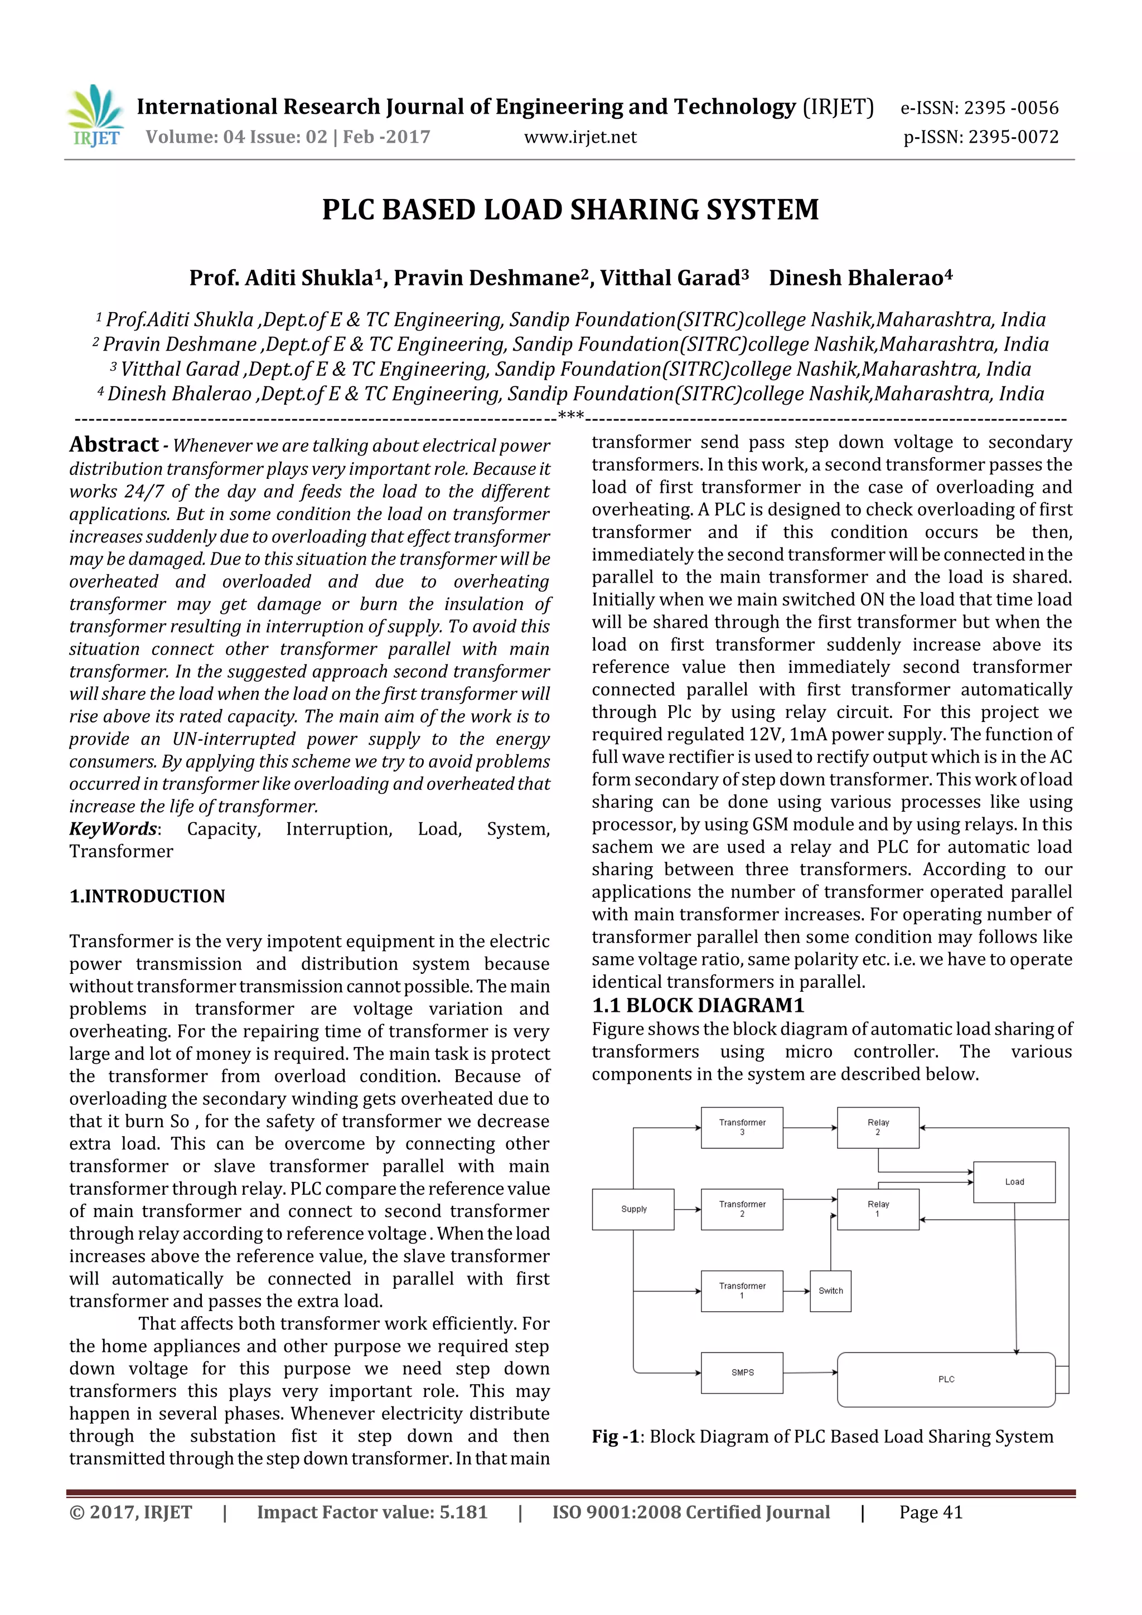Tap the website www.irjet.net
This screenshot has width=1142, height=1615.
[x=580, y=137]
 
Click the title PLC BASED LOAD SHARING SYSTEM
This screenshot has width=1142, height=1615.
[x=570, y=210]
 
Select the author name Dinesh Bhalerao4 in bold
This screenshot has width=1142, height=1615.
[x=860, y=278]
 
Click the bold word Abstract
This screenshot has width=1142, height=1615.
[x=114, y=444]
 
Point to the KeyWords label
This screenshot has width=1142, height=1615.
[x=113, y=828]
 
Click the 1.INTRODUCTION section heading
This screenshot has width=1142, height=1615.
[x=147, y=896]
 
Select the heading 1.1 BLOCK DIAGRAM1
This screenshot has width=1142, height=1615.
[x=698, y=1005]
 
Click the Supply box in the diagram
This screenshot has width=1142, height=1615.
[x=633, y=1209]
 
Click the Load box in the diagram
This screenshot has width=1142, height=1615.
[x=1014, y=1182]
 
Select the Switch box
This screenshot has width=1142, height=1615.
[x=830, y=1291]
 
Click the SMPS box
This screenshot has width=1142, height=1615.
[x=742, y=1372]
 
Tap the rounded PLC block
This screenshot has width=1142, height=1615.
[x=946, y=1379]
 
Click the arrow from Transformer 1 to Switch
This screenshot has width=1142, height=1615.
[x=796, y=1291]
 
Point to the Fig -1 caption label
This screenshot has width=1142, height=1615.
[x=615, y=1437]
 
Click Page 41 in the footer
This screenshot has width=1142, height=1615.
[x=930, y=1512]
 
